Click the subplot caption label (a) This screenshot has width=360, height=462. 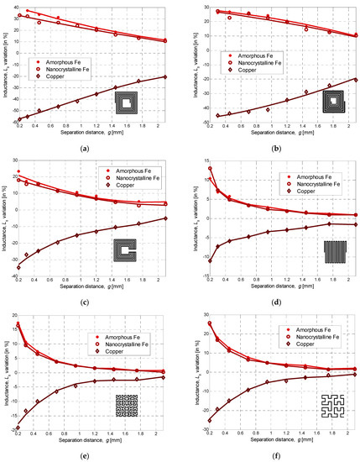[x=90, y=148]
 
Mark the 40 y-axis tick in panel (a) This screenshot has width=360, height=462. [x=14, y=8]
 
